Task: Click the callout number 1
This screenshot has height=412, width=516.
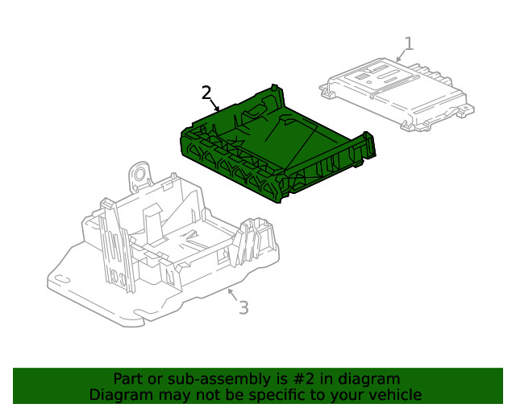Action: tap(409, 43)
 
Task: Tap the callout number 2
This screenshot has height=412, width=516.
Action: tap(206, 93)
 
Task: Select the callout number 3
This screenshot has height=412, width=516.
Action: tap(243, 307)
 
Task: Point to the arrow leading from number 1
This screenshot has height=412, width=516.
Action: tap(400, 56)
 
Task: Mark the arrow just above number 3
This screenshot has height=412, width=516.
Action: tap(231, 293)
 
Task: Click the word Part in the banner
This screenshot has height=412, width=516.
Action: tap(128, 379)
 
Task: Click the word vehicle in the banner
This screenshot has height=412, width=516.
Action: tap(394, 395)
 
